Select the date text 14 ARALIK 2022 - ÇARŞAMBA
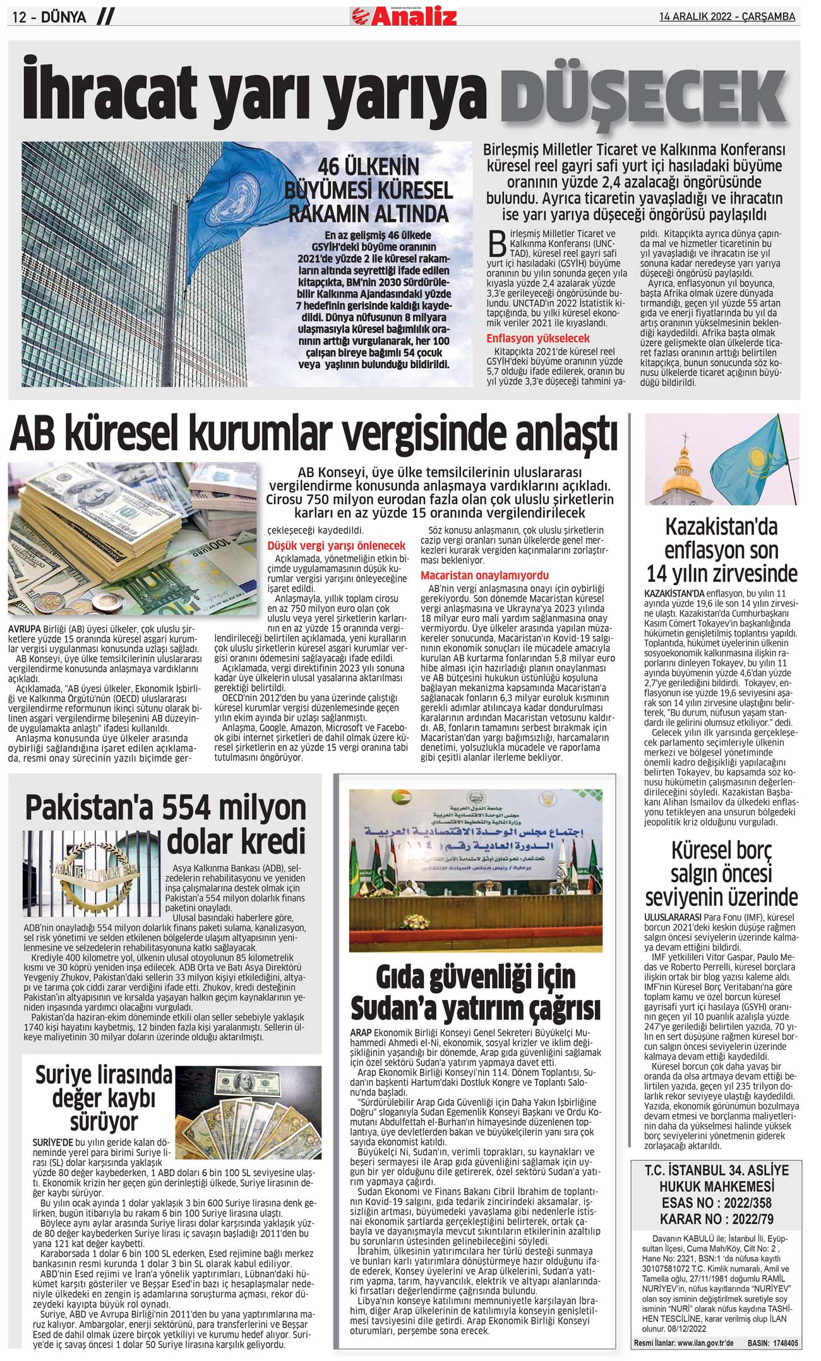(x=727, y=16)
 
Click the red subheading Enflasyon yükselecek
(x=538, y=338)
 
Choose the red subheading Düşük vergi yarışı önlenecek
(x=337, y=545)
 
